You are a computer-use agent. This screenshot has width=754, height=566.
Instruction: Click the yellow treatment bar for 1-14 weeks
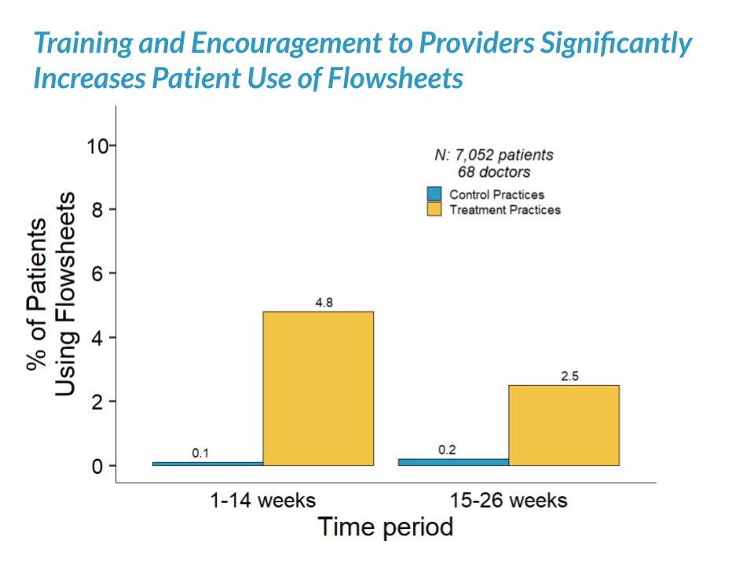click(318, 388)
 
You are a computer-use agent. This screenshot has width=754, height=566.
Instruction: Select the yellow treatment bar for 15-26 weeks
click(563, 425)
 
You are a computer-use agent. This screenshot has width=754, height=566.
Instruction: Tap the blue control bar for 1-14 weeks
click(207, 464)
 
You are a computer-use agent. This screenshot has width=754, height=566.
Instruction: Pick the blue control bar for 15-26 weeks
click(453, 462)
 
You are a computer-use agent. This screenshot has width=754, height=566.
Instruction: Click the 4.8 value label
click(324, 303)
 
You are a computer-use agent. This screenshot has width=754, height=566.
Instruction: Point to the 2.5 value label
click(570, 377)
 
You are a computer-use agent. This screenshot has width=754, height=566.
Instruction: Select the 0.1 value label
click(201, 453)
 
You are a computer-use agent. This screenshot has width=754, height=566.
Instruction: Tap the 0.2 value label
click(447, 450)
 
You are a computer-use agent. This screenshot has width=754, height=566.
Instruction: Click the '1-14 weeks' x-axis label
click(263, 500)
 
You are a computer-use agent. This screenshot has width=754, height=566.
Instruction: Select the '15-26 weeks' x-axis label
click(508, 500)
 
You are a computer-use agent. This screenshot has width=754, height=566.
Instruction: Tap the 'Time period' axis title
click(385, 527)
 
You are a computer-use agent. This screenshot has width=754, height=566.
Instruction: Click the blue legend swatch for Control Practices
click(434, 194)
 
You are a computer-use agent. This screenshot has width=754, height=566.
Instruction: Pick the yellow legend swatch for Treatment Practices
click(434, 210)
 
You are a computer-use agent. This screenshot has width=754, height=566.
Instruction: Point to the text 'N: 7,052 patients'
click(493, 155)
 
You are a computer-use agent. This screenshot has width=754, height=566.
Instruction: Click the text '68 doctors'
click(493, 171)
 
